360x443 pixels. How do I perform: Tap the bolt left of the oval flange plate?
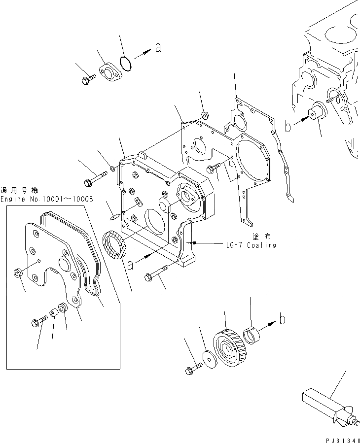pyautogui.click(x=89, y=78)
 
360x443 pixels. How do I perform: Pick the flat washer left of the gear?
pyautogui.click(x=210, y=358)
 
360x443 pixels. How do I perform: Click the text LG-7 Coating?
pyautogui.click(x=252, y=245)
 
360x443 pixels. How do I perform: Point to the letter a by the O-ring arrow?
pyautogui.click(x=158, y=48)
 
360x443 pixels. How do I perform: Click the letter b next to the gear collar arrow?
pyautogui.click(x=282, y=319)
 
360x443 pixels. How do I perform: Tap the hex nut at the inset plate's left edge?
pyautogui.click(x=18, y=272)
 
